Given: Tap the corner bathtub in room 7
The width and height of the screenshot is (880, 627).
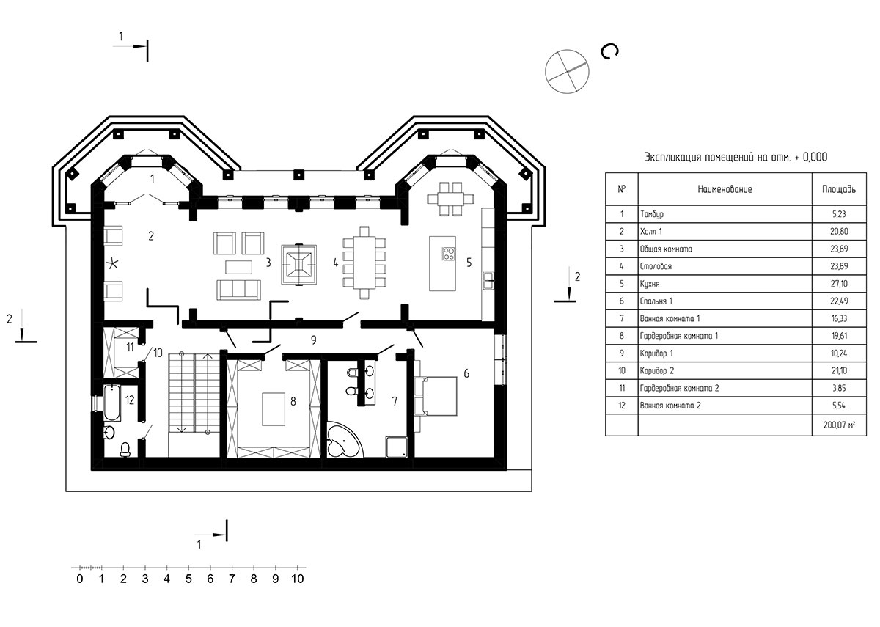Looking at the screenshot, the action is click(x=342, y=441).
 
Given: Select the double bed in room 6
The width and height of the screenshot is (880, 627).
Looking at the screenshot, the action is click(x=436, y=396).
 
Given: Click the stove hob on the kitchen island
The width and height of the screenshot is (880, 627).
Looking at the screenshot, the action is click(x=449, y=254).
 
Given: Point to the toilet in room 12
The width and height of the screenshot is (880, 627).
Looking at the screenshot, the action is click(x=125, y=449).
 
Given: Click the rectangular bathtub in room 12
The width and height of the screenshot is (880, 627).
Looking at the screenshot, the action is click(x=112, y=403).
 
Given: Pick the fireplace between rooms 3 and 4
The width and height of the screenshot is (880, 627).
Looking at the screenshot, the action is click(x=299, y=265).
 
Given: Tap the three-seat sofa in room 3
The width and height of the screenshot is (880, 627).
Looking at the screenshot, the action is click(x=238, y=290).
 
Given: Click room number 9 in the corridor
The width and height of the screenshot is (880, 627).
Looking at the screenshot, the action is click(x=314, y=340).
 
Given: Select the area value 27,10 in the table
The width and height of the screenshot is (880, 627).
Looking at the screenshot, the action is click(x=839, y=284).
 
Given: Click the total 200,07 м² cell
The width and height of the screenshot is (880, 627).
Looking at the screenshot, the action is click(x=839, y=425).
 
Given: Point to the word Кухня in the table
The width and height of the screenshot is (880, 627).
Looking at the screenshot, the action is click(x=650, y=284).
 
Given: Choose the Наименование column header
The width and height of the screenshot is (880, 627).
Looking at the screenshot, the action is click(x=725, y=189).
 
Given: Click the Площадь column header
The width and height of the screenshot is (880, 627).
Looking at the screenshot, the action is click(x=839, y=189).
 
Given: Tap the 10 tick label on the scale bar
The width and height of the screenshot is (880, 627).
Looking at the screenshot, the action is click(x=298, y=579).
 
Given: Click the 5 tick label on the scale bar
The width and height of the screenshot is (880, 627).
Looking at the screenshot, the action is click(x=188, y=579).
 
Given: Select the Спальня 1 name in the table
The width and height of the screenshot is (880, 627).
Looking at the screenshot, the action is click(x=656, y=301).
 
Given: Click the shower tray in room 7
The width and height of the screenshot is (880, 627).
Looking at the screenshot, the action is click(x=397, y=447).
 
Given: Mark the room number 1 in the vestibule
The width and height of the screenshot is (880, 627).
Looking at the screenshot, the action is click(x=153, y=179).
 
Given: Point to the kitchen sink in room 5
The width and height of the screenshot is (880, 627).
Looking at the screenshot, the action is click(x=488, y=281).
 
